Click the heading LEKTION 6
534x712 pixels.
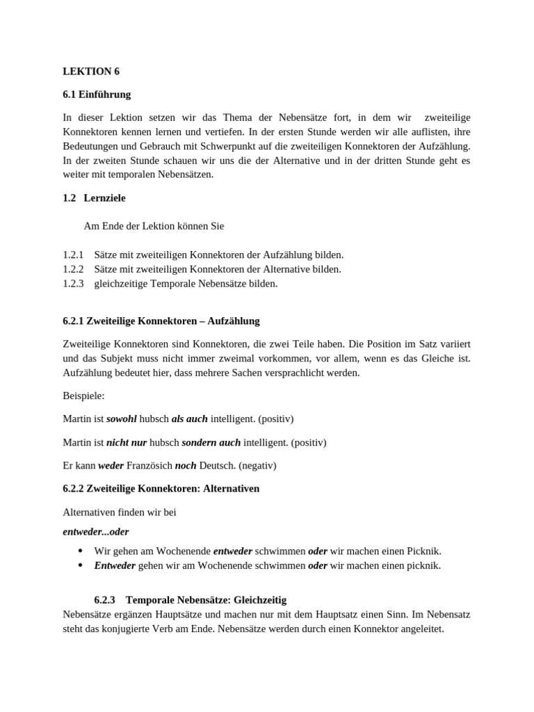86,71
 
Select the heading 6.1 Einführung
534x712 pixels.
97,94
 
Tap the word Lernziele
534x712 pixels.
105,198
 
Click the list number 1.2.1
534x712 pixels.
73,255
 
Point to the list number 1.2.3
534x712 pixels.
73,283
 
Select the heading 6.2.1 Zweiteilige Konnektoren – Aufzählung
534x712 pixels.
161,321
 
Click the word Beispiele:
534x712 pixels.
83,396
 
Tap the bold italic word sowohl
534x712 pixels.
122,419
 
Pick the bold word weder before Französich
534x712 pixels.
111,465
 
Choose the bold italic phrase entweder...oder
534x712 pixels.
95,531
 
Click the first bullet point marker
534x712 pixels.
79,551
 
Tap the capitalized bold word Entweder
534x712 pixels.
115,565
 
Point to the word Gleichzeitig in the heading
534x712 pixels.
260,599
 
